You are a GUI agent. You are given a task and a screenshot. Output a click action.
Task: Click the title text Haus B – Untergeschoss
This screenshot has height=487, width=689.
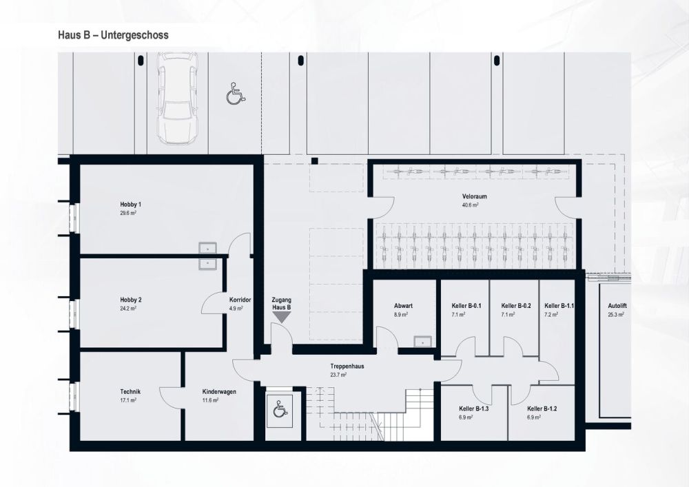point(113,34)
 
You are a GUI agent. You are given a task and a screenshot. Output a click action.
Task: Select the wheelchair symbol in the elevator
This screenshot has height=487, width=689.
point(280,410)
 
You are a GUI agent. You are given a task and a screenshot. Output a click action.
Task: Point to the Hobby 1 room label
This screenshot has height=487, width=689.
point(130,205)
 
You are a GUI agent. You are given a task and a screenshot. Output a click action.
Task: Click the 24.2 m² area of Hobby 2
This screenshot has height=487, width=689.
point(127,308)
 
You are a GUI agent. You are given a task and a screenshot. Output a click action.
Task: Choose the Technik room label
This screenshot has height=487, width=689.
point(130,391)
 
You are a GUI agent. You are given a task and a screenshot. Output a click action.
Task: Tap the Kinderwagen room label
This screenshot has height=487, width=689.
point(209,391)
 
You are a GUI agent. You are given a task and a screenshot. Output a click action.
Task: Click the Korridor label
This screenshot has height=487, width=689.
point(240,300)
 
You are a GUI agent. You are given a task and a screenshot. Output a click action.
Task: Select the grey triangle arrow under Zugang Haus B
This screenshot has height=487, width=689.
point(281,317)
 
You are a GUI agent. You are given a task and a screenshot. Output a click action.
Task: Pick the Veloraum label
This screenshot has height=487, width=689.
point(475,196)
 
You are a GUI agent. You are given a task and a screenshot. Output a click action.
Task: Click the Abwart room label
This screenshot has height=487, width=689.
point(402,305)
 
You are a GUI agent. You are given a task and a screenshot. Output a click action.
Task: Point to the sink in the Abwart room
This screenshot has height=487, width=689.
point(422,340)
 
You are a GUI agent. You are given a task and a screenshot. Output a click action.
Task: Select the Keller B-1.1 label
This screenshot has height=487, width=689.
point(559,305)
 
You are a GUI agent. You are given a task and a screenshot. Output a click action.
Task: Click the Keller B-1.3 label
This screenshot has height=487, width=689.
point(475,409)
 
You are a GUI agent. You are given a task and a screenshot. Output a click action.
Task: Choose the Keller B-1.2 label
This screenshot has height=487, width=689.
point(542,409)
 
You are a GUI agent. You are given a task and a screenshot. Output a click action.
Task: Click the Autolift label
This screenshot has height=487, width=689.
point(617,305)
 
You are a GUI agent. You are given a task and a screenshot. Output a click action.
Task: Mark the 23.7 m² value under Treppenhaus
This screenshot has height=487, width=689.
point(338,375)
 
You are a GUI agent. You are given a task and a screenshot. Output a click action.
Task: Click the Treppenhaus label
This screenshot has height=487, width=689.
point(347,366)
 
